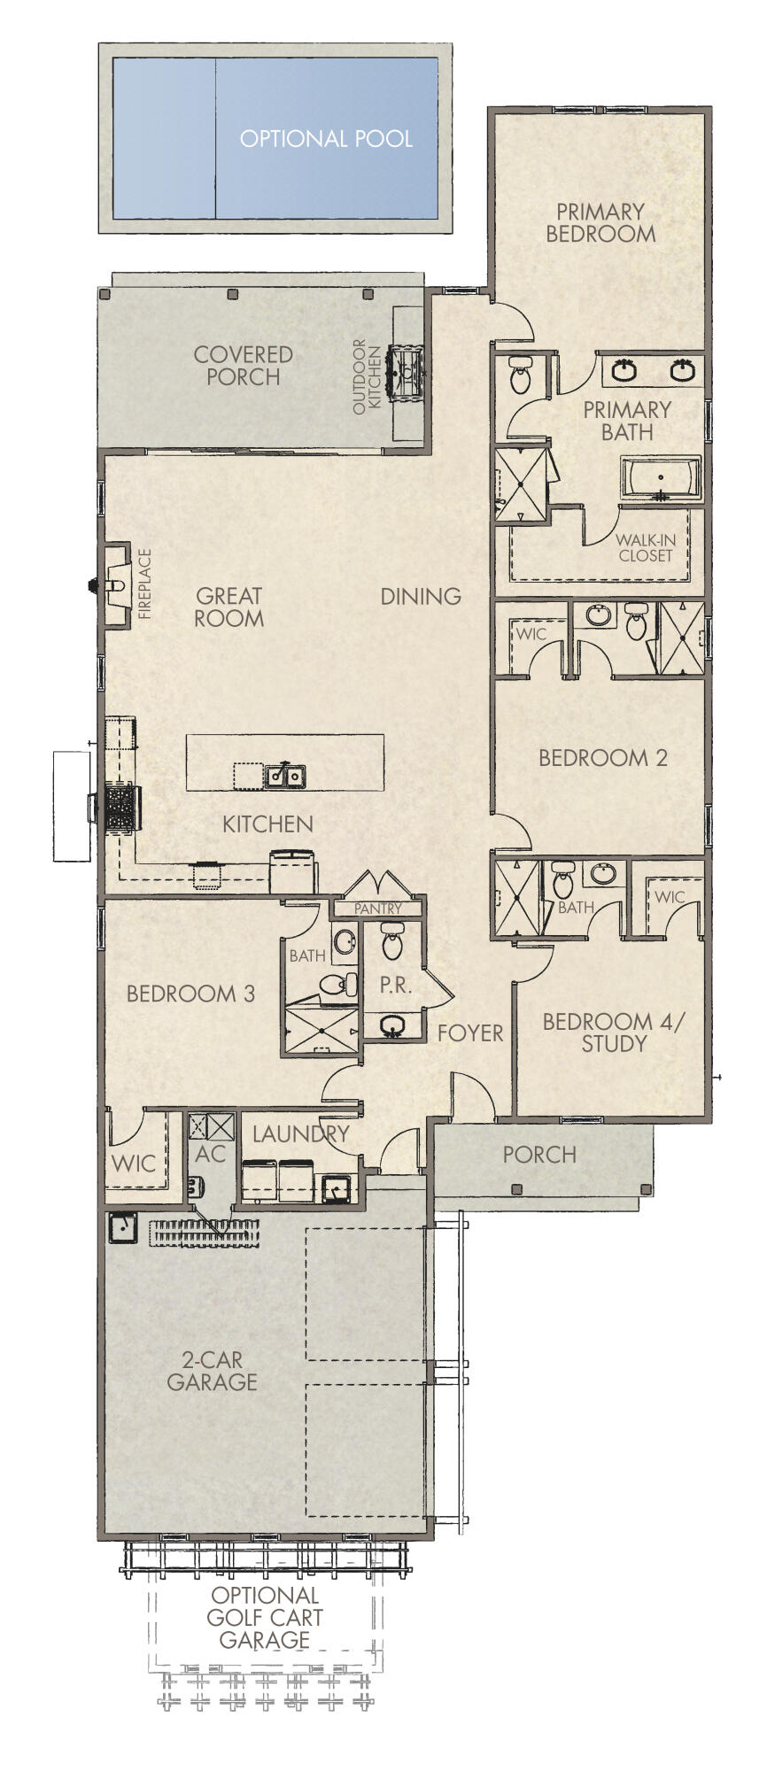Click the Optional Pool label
point(326,139)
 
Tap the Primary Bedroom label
point(600,222)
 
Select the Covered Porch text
point(243,365)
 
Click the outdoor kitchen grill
point(408,367)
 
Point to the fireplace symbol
point(116,584)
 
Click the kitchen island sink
point(285,777)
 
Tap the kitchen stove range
point(120,807)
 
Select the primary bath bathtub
point(661,478)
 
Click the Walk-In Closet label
point(646,548)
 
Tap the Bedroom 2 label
point(602,758)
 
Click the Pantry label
point(378,909)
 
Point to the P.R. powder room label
point(395,985)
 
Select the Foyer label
point(470,1032)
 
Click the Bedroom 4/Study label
point(614,1032)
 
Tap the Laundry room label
point(301,1133)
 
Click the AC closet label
point(210,1154)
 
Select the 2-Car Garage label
point(213,1371)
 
